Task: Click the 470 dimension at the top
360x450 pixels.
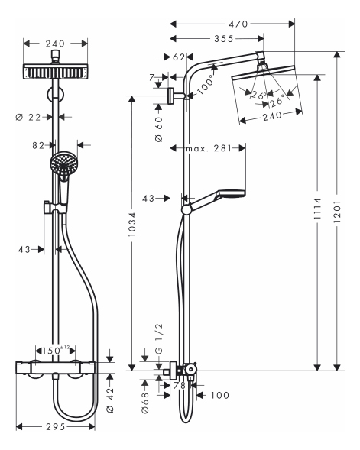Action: tap(238, 24)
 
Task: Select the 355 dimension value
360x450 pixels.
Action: tap(224, 39)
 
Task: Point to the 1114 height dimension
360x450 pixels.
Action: tap(317, 209)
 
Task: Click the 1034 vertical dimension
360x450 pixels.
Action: tap(132, 225)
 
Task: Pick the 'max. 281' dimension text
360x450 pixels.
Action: tap(209, 148)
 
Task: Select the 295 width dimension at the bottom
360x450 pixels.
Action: tap(56, 427)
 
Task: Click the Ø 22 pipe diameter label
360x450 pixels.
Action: tap(28, 117)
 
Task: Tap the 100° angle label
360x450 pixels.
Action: tap(206, 84)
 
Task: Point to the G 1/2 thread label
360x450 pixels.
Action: tap(159, 338)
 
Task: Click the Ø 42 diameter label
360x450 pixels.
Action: tap(110, 400)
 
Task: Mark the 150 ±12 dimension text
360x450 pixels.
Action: tap(56, 351)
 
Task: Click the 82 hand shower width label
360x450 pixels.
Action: tap(38, 145)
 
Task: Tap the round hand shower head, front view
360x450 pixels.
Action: tap(63, 163)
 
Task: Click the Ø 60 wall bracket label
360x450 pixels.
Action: tap(159, 129)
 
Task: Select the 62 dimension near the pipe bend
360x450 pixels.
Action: tap(179, 57)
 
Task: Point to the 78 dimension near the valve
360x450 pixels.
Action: tap(180, 386)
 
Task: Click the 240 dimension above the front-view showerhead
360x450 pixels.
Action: tap(55, 44)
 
